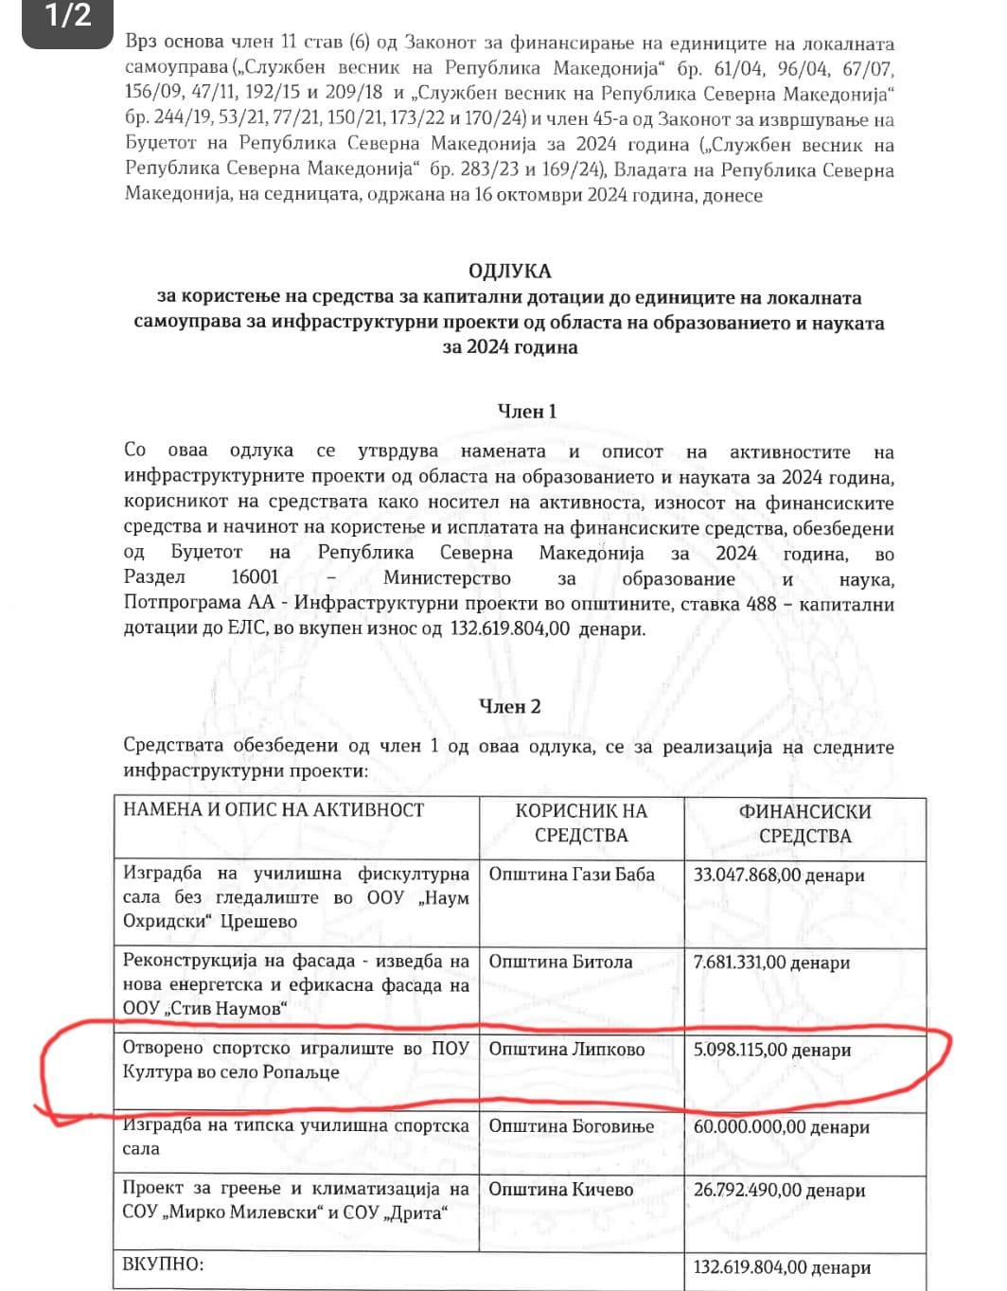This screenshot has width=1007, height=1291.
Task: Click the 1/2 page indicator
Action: pos(68,16)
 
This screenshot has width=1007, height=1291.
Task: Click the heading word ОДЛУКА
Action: pos(509,272)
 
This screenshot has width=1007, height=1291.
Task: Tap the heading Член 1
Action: pos(527,412)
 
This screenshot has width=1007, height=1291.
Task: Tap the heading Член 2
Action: pos(510,707)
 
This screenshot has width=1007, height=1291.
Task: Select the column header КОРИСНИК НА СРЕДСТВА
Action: pos(581,822)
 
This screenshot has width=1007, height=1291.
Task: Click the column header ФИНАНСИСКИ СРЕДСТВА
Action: pos(804,823)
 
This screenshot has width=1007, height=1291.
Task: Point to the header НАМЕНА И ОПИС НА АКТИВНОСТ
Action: pos(274,810)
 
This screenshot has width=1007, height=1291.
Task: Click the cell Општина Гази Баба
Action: pos(572,875)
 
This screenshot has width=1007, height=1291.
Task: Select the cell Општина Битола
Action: pos(560,962)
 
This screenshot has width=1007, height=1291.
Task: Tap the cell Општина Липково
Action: pos(567,1049)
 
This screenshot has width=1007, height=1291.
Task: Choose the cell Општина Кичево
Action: pos(561,1190)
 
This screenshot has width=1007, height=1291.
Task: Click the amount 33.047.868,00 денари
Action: pos(779,875)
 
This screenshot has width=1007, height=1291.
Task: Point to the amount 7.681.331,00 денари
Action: pos(772,963)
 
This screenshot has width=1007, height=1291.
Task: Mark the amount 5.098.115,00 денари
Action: pos(772,1050)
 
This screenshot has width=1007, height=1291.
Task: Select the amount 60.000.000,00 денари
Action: pos(782,1127)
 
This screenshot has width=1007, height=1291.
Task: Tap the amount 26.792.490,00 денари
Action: pos(780,1191)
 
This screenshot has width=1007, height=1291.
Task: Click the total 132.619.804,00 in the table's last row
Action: pos(782,1268)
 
